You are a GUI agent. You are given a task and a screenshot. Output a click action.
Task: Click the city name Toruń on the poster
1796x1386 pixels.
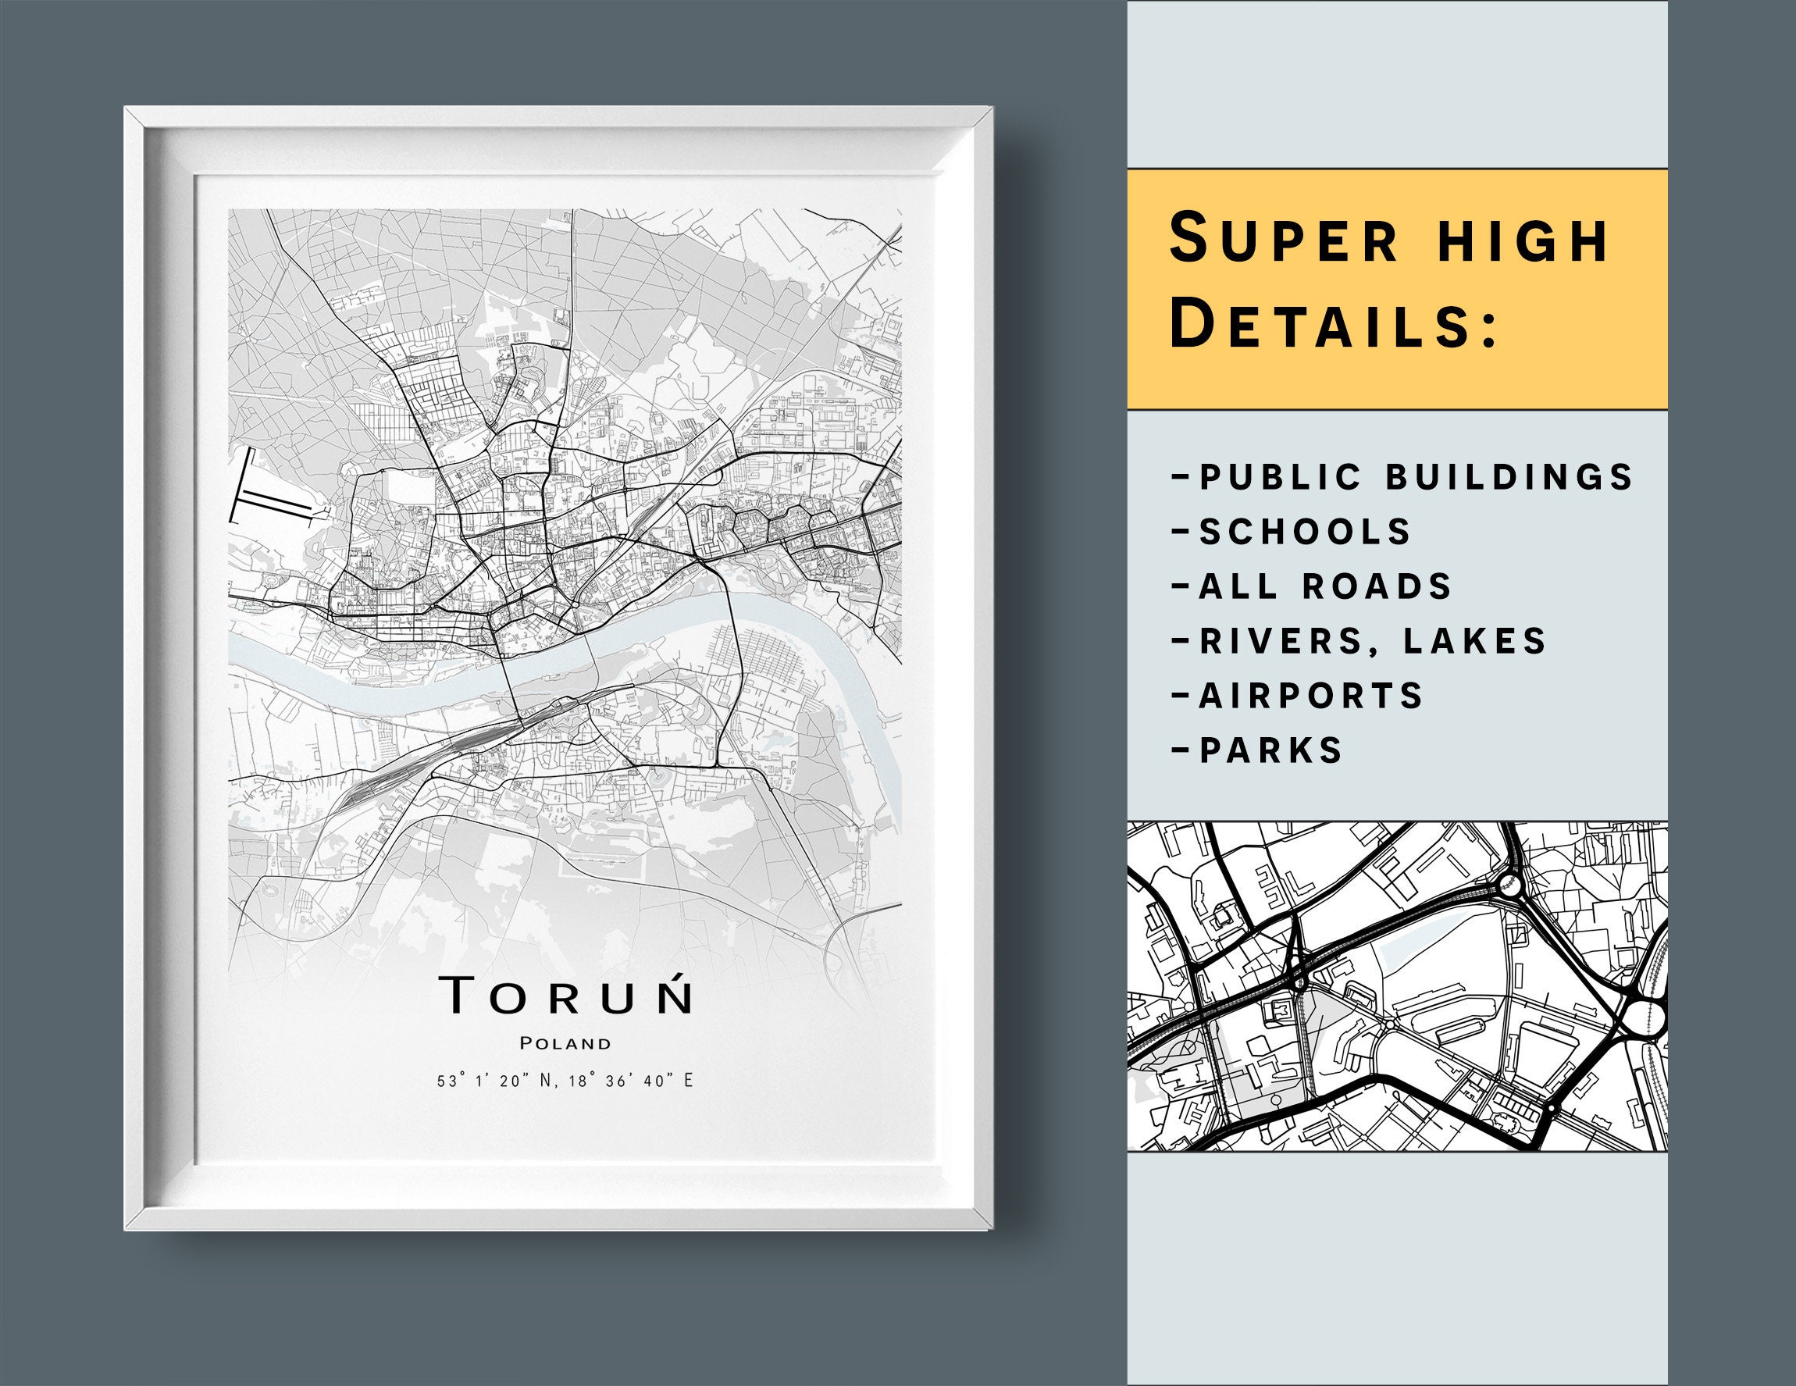pos(566,995)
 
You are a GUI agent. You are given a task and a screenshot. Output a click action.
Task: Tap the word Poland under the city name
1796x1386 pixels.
pos(566,1044)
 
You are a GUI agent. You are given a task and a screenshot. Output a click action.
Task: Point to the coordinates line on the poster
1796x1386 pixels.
pos(566,1080)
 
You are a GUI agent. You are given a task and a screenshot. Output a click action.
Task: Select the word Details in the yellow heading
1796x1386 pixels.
pos(1332,324)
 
